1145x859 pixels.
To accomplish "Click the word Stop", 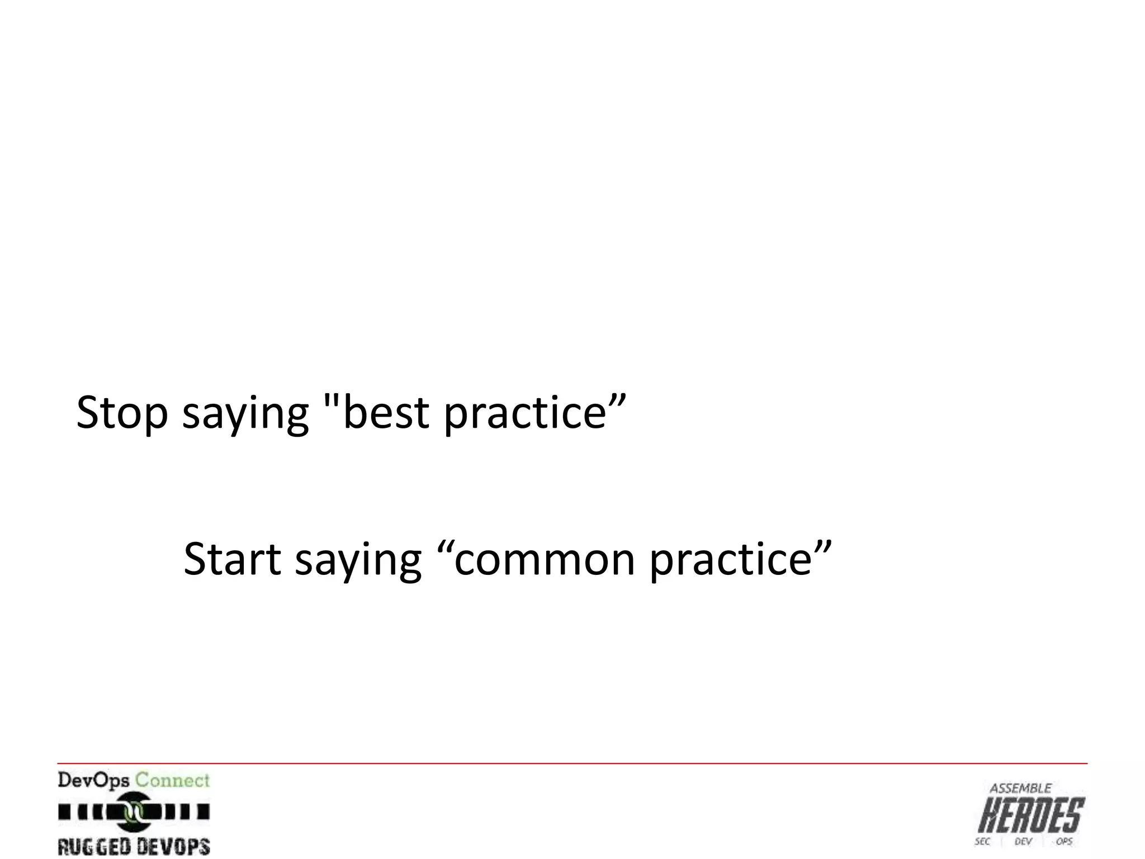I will [122, 413].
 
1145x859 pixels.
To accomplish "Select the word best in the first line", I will [386, 413].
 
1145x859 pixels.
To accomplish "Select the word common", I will [544, 559].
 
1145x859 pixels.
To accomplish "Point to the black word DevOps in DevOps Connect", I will [93, 780].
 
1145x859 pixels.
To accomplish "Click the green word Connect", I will [172, 780].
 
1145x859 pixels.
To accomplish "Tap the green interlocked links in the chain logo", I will [134, 811].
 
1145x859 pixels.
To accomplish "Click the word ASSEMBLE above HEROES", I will [1020, 789].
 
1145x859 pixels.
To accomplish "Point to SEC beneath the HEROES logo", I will [982, 842].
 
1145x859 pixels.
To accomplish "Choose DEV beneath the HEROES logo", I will [1023, 842].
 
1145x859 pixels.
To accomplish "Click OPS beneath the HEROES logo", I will [1063, 842].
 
